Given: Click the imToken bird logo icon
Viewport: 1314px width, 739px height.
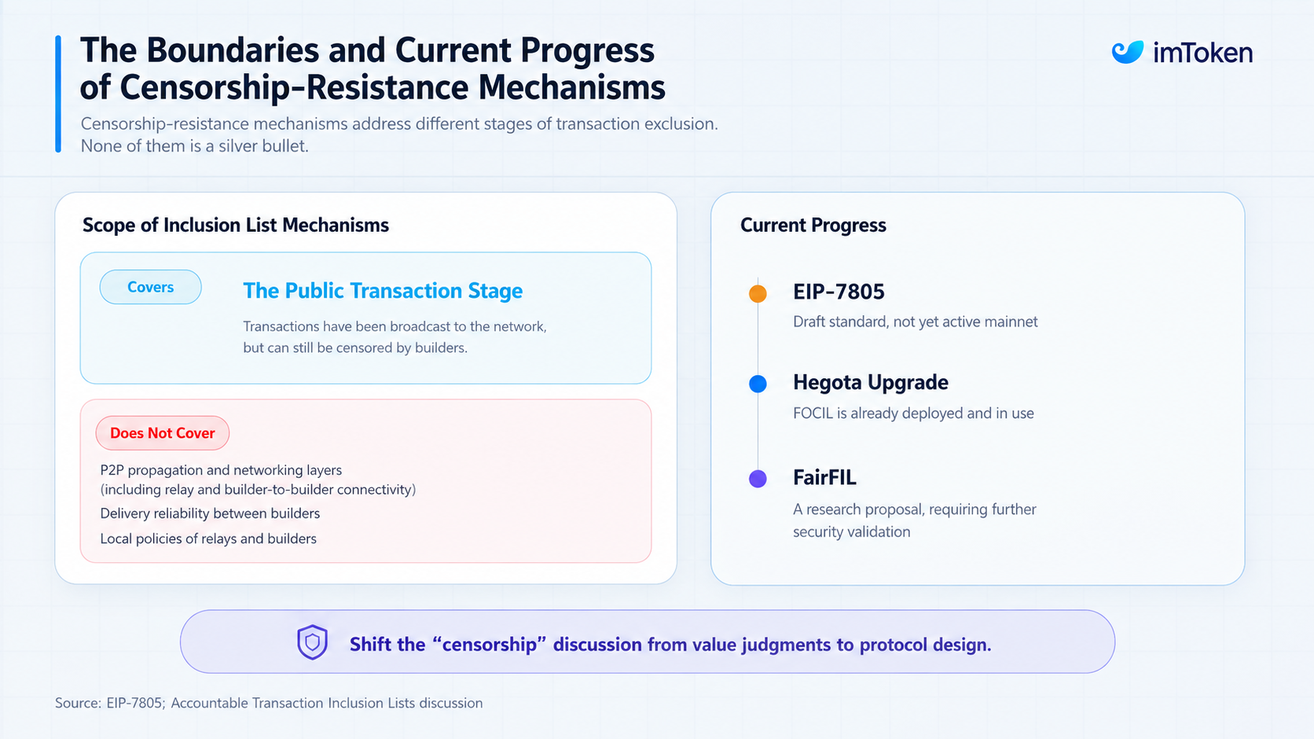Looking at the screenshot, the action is point(1128,52).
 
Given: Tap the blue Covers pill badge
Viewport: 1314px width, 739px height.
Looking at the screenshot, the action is point(151,287).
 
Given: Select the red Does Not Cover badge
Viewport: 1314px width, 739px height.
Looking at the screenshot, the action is point(163,433).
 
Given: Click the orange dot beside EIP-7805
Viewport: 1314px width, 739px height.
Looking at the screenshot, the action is point(758,293).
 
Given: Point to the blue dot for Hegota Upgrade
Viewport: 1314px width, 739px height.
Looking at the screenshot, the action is point(758,384).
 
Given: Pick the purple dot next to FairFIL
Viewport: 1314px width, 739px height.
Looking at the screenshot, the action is point(758,479).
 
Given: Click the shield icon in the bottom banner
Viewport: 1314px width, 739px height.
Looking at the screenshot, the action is point(312,642).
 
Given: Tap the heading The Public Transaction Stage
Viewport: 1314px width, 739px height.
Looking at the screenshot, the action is point(383,291).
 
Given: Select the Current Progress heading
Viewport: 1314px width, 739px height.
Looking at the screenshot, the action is point(813,225).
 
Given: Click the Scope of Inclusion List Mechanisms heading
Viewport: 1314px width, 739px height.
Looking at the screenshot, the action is point(235,225).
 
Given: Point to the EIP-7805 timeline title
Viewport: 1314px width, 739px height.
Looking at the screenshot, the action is point(839,292).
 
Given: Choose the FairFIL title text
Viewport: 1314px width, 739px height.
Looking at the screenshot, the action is point(824,477).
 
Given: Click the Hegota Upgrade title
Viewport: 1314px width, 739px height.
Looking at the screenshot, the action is point(871,382).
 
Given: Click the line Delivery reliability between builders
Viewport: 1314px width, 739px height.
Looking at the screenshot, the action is point(210,513).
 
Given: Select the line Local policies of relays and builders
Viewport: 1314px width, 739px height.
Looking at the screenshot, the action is point(208,539).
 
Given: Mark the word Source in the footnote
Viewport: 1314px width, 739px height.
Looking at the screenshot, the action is point(78,703).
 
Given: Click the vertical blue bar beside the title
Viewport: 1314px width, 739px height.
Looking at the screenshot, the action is point(58,94).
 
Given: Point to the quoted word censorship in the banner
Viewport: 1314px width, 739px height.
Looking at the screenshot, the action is point(490,645).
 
